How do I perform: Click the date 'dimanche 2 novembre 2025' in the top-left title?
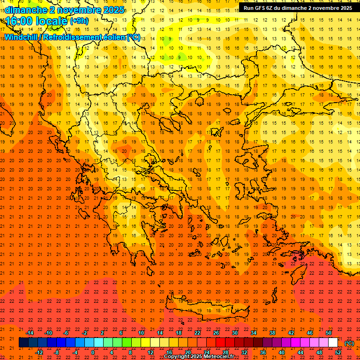(x=65, y=10)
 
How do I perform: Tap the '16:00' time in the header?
(x=19, y=21)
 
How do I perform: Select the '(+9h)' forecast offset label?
(x=79, y=21)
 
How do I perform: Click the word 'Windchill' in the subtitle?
(x=21, y=37)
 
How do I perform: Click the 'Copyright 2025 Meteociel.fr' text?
(x=199, y=356)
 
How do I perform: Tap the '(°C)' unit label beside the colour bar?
(x=349, y=343)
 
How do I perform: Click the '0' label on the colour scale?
(x=93, y=352)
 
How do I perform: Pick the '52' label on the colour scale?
(x=338, y=352)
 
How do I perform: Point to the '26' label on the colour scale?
(x=216, y=333)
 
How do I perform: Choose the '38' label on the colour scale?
(x=272, y=333)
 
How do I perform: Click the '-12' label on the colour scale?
(x=39, y=352)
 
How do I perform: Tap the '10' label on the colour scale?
(x=141, y=333)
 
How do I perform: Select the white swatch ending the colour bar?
(x=333, y=343)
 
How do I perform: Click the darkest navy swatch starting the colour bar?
(x=23, y=343)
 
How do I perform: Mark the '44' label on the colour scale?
(x=300, y=352)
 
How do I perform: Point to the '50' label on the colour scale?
(x=329, y=333)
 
